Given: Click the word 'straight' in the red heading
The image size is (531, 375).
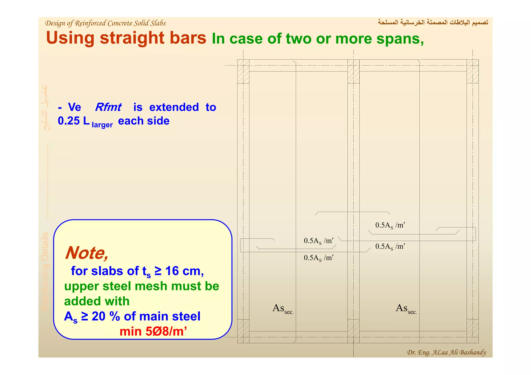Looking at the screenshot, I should click(x=132, y=38).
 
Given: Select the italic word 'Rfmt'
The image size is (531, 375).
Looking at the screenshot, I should click(x=108, y=107).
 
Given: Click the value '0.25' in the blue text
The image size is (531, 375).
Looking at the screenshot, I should click(x=69, y=121).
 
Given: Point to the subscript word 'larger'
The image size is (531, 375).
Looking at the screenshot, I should click(x=102, y=125).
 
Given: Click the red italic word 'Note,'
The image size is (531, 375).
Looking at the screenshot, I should click(x=87, y=253).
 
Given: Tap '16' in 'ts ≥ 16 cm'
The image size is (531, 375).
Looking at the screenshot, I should click(x=172, y=271).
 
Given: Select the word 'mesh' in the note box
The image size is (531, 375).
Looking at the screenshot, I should click(x=151, y=286).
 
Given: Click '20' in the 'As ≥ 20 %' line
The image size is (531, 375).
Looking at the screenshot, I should click(x=99, y=316).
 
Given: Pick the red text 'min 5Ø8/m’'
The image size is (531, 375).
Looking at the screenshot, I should click(x=153, y=331).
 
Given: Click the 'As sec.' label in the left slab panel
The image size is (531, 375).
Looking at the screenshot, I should click(x=283, y=308).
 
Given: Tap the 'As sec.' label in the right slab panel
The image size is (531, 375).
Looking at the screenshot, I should click(x=406, y=308).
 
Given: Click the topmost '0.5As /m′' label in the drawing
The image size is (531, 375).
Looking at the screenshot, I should click(x=390, y=225).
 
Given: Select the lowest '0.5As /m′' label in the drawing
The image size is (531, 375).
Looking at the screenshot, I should click(x=318, y=258).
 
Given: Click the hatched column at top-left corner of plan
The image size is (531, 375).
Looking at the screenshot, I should click(x=243, y=71).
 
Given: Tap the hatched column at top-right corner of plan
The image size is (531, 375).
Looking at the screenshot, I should click(x=472, y=71).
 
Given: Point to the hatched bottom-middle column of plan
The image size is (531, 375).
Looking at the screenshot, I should click(x=353, y=331).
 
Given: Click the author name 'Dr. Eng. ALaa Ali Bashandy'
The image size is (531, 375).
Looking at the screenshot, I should click(x=446, y=352).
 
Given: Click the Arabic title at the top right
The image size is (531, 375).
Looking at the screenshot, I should click(x=433, y=23).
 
